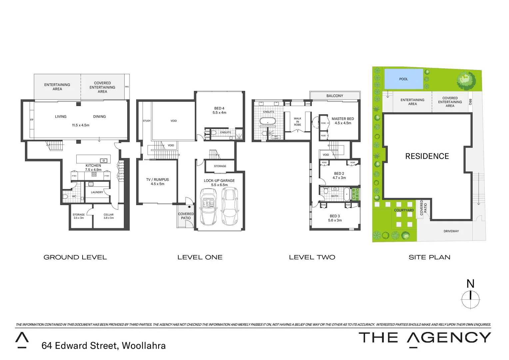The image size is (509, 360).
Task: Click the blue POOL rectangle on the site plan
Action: coord(403,79)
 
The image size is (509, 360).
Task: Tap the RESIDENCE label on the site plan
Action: coord(427,156)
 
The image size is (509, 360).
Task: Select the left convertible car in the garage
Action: coord(209,207)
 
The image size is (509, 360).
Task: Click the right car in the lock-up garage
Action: coord(230,207)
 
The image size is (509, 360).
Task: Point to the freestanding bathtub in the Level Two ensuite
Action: coord(267,121)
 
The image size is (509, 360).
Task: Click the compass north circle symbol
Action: coord(470,299)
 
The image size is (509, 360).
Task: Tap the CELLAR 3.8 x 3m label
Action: coord(109,216)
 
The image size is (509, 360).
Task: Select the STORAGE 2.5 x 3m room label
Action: coord(79,216)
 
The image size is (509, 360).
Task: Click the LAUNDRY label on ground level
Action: coord(97,192)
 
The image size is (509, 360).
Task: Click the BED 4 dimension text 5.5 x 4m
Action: coord(219,113)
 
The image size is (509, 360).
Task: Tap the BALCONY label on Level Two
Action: coord(334,96)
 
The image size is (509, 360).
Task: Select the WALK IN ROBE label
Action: coord(297,121)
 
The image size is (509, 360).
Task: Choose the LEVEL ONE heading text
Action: coord(200,257)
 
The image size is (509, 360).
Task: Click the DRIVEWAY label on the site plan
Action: coord(451,231)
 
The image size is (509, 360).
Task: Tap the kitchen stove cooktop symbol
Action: coord(94,174)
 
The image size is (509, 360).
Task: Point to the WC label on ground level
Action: coord(74,196)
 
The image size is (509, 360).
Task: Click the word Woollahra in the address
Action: coord(144,346)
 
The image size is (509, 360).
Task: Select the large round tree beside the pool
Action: coord(465,80)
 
